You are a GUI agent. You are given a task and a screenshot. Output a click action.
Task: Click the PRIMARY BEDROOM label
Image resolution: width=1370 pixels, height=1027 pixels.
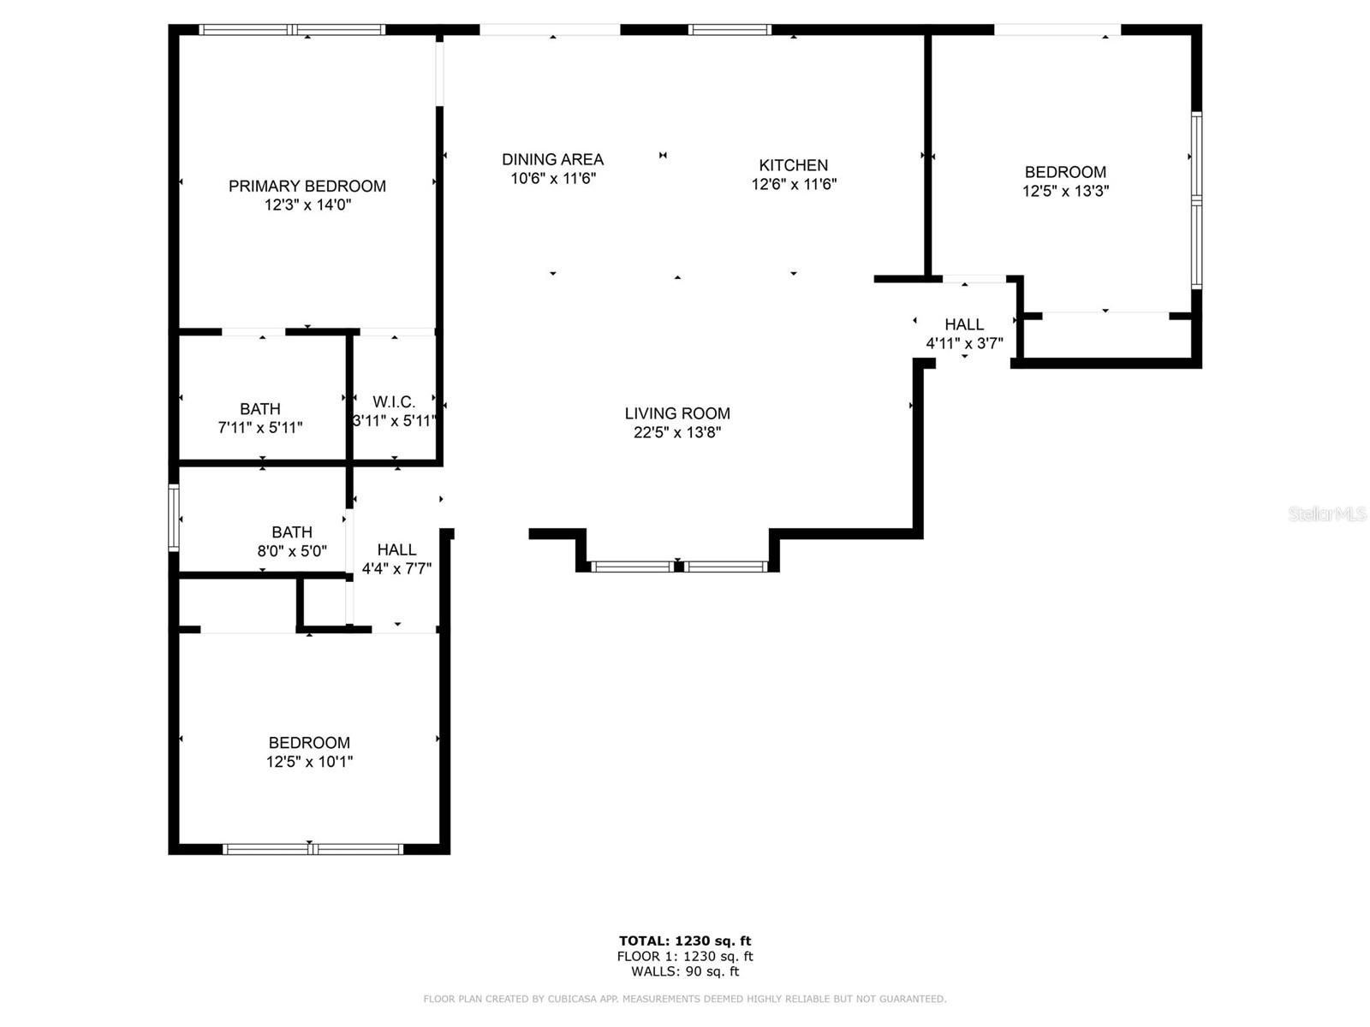307,186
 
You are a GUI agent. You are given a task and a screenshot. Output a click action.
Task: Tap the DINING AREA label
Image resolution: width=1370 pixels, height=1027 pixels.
552,160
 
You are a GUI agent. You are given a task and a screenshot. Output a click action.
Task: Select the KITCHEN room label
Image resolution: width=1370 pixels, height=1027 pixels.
793,165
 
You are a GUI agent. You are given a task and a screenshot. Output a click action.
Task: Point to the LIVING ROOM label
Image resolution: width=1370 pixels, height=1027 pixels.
677,413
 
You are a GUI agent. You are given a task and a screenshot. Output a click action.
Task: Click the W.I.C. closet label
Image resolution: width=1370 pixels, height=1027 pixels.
394,402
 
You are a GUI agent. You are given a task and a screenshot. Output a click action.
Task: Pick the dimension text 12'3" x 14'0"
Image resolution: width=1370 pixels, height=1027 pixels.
307,205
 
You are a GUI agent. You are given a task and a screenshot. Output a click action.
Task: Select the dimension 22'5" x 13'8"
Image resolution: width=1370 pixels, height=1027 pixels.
677,432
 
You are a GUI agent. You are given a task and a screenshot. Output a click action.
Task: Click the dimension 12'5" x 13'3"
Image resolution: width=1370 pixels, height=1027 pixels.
1065,191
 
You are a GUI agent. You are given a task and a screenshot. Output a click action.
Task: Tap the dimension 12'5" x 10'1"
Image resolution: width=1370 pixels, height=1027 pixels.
310,762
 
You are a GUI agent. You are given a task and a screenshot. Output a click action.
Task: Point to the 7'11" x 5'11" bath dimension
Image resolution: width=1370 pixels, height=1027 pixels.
260,428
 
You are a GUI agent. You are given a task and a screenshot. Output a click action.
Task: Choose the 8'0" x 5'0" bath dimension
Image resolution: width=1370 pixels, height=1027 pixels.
292,551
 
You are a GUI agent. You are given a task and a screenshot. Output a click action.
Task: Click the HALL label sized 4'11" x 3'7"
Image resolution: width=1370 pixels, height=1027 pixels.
964,324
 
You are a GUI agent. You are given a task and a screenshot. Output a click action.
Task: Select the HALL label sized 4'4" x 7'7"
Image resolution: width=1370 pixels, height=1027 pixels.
397,549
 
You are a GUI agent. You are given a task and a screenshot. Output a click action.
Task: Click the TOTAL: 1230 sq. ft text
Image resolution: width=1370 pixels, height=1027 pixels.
685,941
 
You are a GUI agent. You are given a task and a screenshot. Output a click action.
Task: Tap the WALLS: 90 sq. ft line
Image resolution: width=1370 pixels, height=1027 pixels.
685,971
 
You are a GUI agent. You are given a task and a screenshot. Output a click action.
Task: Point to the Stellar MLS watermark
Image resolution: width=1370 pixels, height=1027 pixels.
1327,513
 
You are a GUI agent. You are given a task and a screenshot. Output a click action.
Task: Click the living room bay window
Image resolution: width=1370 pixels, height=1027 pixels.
678,567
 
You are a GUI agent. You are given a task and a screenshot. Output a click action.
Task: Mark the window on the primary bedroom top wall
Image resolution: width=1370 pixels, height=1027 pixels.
292,29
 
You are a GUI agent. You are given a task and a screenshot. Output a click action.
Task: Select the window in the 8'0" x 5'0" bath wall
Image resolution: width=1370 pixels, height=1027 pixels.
174,518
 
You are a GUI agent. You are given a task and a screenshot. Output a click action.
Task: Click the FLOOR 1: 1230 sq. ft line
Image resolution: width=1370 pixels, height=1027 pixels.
685,957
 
